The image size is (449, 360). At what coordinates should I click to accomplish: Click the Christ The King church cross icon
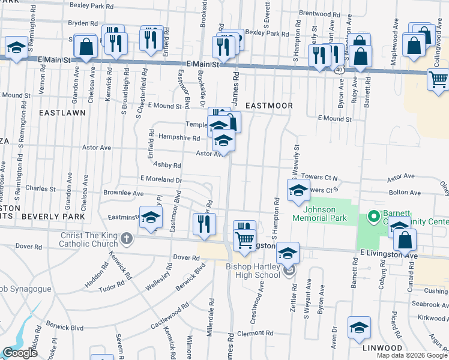click(x=125, y=239)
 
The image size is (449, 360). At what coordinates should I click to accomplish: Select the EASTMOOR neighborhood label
click(x=269, y=106)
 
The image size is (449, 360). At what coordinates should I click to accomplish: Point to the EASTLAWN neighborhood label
click(x=62, y=112)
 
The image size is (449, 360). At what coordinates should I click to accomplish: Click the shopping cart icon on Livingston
click(x=244, y=239)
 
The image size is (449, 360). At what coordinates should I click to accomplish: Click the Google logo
click(x=20, y=353)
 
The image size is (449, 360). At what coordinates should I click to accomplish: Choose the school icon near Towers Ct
click(x=298, y=191)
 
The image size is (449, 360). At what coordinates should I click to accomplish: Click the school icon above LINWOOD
click(x=359, y=327)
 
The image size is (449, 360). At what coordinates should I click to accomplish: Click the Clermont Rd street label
click(x=255, y=333)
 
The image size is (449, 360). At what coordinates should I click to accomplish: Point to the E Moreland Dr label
click(x=161, y=179)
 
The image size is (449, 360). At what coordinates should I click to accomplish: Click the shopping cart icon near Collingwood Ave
click(x=438, y=79)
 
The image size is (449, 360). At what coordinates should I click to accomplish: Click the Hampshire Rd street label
click(x=179, y=137)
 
